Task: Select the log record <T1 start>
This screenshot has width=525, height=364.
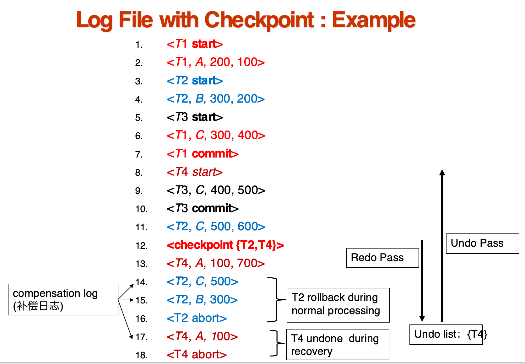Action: pos(195,44)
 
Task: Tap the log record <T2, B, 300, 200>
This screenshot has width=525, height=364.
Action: pos(216,99)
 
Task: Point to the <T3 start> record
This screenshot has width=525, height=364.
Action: pos(195,117)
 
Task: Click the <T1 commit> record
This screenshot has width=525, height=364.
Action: pos(203,154)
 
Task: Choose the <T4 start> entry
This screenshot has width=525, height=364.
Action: pos(195,172)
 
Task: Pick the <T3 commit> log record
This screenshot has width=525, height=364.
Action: pos(203,208)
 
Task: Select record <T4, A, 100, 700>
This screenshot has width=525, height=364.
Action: pos(216,263)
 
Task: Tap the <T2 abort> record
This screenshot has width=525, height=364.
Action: pos(197,318)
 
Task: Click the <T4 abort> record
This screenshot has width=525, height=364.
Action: pos(197,355)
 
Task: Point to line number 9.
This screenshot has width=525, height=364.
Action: pos(139,191)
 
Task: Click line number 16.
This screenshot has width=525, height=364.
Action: pos(142,319)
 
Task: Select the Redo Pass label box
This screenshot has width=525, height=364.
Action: pos(382,258)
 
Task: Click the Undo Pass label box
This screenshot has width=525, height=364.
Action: pos(482,244)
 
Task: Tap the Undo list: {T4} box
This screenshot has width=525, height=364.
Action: pos(446,335)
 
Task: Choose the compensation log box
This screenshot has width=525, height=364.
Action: pos(63,300)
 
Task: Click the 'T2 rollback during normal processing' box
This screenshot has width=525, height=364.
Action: pos(338,305)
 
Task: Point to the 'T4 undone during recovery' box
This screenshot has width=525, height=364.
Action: pos(338,345)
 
